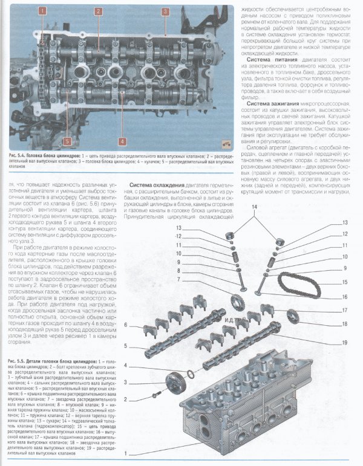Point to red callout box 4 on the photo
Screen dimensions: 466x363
[x=122, y=141]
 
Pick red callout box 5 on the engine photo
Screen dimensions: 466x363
[x=67, y=141]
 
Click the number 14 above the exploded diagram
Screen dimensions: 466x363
[x=255, y=207]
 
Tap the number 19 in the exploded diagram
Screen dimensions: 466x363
[x=344, y=343]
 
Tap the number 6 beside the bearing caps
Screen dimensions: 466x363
[x=126, y=325]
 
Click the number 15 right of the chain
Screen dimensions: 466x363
[x=344, y=282]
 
